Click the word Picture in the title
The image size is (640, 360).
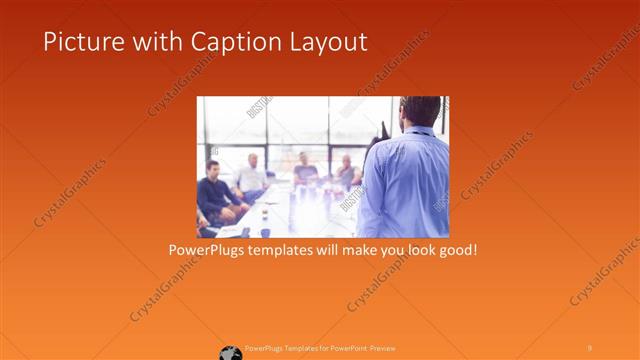(x=77, y=42)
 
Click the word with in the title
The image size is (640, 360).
(x=140, y=42)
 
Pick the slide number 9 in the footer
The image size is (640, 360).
(x=589, y=347)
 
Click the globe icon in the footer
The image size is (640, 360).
(x=231, y=351)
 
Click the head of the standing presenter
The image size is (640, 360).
(x=419, y=111)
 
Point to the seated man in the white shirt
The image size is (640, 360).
(x=251, y=175)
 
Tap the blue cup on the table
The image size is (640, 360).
(x=264, y=232)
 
